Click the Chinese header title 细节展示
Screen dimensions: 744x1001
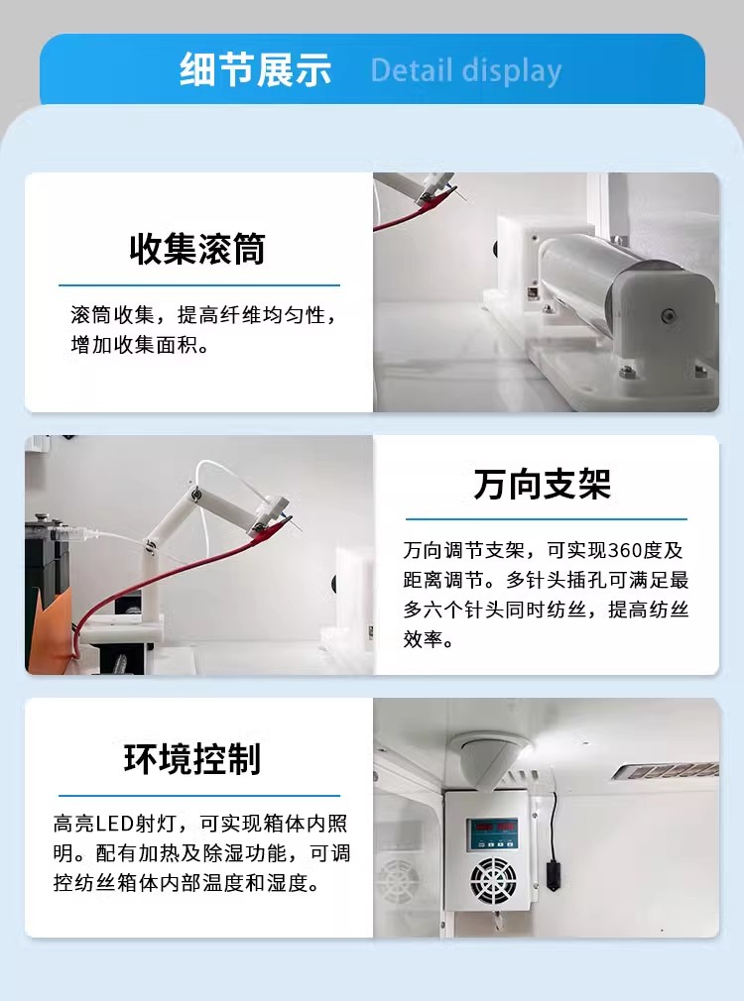(x=255, y=69)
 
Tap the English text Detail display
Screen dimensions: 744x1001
(x=466, y=70)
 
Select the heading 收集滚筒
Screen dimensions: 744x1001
(x=197, y=249)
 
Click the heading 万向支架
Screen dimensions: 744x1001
(x=543, y=484)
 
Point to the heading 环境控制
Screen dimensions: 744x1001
(x=192, y=758)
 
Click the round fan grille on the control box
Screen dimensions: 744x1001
(x=493, y=880)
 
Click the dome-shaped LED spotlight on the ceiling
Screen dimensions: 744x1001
(x=490, y=760)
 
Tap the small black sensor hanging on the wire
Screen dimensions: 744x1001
(x=553, y=874)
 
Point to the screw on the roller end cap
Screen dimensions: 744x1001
(x=669, y=315)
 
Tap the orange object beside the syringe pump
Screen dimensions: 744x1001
(x=51, y=633)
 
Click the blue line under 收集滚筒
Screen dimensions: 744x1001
(x=199, y=285)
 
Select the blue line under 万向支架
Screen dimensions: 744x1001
(x=547, y=519)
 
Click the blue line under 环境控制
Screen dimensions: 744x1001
(x=199, y=796)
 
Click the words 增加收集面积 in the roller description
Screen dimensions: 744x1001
(x=134, y=345)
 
